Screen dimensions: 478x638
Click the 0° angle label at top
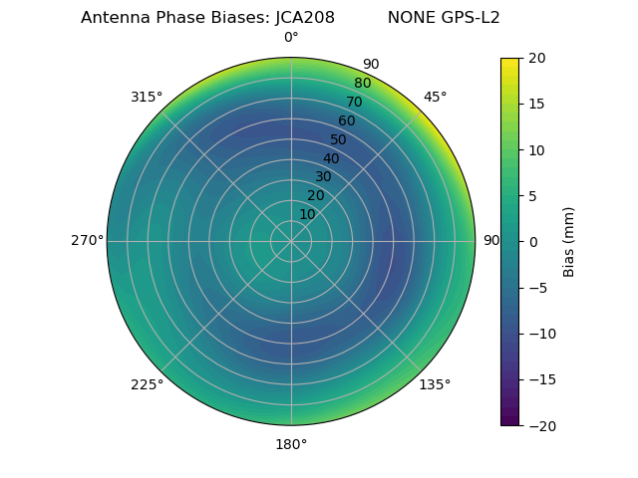[x=291, y=38]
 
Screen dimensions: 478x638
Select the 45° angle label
[x=436, y=97]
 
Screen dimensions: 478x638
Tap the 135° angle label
[x=435, y=384]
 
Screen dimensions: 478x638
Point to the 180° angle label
[x=291, y=444]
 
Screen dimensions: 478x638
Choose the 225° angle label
[x=147, y=384]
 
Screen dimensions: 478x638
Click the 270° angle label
[x=88, y=241]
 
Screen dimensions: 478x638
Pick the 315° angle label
[x=147, y=97]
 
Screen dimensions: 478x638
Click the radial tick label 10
[x=307, y=214]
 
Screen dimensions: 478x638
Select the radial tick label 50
[x=339, y=139]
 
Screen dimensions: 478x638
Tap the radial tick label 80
[x=362, y=84]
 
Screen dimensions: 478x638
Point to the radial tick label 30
[x=323, y=177]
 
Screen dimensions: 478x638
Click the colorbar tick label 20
[x=536, y=58]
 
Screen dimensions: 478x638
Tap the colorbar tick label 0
[x=532, y=241]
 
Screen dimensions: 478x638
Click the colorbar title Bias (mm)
[x=569, y=241]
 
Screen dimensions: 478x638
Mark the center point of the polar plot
[x=291, y=241]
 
